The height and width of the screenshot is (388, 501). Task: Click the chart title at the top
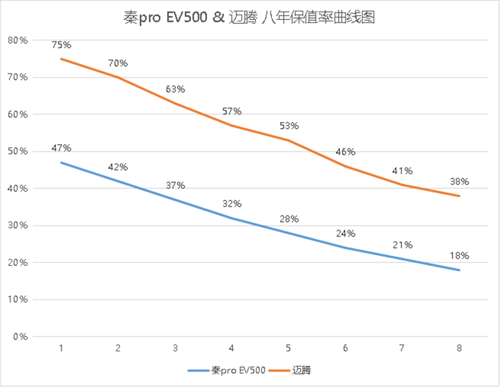coord(251,17)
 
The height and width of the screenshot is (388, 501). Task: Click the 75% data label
coord(61,45)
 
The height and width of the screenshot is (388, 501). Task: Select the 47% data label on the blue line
coord(61,148)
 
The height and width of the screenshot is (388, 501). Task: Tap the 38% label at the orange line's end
coord(460,181)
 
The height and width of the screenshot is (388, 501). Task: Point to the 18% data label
coord(460,255)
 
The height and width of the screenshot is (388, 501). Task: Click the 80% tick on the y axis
coord(17,40)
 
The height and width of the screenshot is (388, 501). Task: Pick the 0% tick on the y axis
coord(20,337)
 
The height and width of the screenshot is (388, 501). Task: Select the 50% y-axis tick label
coord(17,152)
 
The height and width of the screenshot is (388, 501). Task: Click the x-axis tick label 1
coord(61,348)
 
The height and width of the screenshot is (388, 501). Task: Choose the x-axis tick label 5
coord(289,348)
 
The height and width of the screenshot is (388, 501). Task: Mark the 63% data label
coord(175,89)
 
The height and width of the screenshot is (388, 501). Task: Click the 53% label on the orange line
coord(289,126)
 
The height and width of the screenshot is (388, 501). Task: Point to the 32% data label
coord(232,204)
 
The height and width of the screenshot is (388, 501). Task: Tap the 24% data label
coord(346,234)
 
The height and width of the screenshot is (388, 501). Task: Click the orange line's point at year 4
coord(232,125)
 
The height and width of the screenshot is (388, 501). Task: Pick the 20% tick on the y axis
coord(17,262)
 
